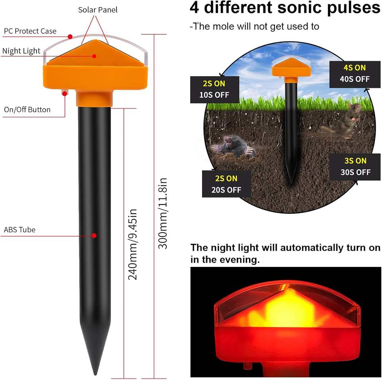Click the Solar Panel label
pos(98,10)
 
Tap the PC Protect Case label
pos(30,31)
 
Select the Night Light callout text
pos(21,51)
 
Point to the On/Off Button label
pos(27,109)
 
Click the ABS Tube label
pos(19,230)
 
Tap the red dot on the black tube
pos(94,236)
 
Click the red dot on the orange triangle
pos(94,56)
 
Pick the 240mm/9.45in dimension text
pos(133,244)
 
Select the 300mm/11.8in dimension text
pos(163,214)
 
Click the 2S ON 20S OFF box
pos(226,184)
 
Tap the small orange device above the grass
pos(291,68)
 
